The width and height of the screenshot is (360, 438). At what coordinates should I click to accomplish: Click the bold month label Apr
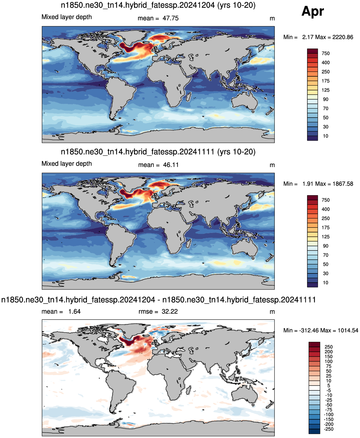tap(312, 11)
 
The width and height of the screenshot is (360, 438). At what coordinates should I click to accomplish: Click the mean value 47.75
tap(170, 18)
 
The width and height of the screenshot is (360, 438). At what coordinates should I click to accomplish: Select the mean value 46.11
tap(171, 165)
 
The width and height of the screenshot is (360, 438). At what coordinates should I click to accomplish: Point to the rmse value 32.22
tap(170, 311)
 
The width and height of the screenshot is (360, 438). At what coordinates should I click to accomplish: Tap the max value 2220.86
tap(342, 37)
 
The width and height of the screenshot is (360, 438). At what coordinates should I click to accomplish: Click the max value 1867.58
tap(342, 184)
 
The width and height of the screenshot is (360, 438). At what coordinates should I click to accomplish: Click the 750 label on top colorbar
tap(326, 54)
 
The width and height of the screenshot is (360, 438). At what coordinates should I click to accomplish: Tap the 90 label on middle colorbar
tap(326, 246)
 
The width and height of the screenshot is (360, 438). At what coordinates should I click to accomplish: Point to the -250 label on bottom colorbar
tap(329, 429)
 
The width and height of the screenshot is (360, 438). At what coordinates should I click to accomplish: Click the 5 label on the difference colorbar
tap(329, 386)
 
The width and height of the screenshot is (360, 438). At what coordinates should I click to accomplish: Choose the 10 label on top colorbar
tap(326, 136)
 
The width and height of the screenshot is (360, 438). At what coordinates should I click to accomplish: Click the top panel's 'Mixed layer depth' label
tap(67, 17)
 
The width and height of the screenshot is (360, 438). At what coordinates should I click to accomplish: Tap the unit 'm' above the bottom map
tap(272, 312)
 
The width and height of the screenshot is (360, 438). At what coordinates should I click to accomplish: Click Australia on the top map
tap(244, 102)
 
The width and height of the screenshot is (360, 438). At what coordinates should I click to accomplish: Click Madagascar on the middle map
tap(188, 243)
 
